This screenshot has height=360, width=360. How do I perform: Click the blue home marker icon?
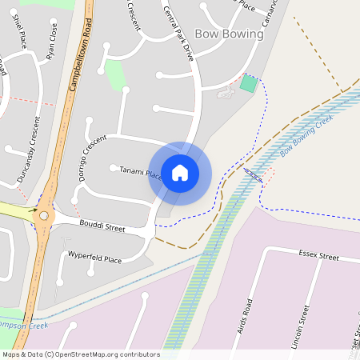click(x=180, y=173)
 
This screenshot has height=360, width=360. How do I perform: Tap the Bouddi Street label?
click(x=102, y=227)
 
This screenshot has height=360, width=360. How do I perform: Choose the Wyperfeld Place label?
click(x=95, y=259)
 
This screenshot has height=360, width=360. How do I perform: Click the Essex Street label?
click(x=318, y=257)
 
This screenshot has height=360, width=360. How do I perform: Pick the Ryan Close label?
click(x=52, y=47)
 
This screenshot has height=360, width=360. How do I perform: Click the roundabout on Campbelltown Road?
click(x=43, y=215)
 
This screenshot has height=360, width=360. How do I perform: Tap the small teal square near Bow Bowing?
click(x=250, y=83)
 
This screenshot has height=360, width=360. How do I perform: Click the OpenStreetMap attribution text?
click(x=82, y=354)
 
